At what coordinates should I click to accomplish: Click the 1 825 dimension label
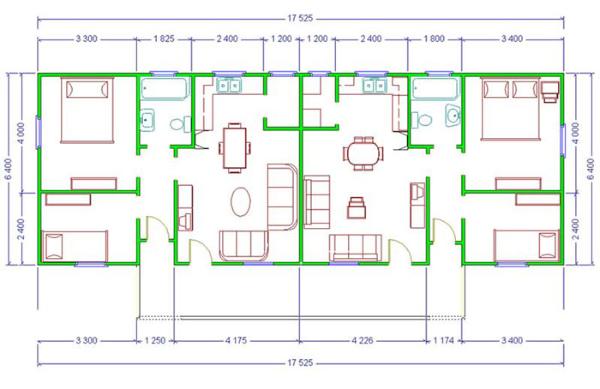164,39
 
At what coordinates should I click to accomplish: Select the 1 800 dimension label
434,39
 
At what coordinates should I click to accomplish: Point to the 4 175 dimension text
236,340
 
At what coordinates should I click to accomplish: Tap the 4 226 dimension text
362,340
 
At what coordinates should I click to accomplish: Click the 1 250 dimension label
155,340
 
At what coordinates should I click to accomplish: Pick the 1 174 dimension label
443,340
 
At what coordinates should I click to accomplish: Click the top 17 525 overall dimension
300,18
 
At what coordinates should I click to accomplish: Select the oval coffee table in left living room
241,201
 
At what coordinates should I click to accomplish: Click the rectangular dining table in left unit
235,148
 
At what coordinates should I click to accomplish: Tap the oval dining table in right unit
363,153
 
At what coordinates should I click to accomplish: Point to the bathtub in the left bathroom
165,89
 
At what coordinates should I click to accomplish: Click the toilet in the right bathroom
422,120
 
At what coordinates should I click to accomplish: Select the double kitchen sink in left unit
229,86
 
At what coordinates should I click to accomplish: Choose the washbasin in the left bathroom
147,120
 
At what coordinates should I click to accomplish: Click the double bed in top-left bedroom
87,111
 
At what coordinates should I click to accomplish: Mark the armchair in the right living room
357,207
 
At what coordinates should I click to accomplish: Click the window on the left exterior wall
39,132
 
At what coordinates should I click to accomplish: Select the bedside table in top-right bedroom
550,92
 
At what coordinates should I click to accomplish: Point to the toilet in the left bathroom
180,124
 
